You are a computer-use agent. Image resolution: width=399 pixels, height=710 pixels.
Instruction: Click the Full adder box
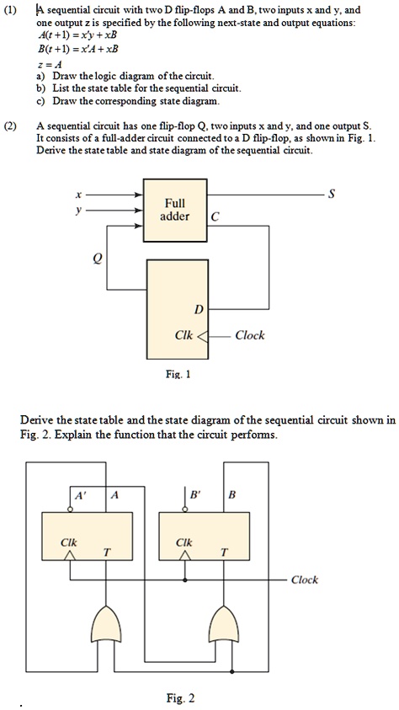pos(175,210)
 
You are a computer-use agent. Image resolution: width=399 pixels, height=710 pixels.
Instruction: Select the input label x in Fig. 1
pos(78,195)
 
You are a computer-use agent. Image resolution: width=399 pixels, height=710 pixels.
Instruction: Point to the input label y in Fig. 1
pos(79,210)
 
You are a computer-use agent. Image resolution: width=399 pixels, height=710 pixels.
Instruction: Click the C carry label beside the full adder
pos(215,218)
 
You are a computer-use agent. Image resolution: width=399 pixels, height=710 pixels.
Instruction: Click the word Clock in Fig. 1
pos(250,335)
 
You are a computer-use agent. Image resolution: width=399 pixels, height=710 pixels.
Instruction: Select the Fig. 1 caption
pos(178,375)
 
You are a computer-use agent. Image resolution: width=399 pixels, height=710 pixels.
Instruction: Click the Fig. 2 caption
pos(180,697)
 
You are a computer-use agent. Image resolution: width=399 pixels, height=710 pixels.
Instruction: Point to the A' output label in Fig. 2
pos(80,495)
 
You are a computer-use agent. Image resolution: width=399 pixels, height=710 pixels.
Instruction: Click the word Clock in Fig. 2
pos(305,579)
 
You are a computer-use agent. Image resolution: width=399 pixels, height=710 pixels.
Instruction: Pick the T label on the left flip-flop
pos(107,552)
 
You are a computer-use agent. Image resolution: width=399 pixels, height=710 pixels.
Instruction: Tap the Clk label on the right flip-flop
pos(184,542)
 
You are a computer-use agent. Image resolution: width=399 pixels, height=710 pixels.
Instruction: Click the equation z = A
pos(51,65)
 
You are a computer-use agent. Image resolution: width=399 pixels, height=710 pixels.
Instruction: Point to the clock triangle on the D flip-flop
pos(203,336)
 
